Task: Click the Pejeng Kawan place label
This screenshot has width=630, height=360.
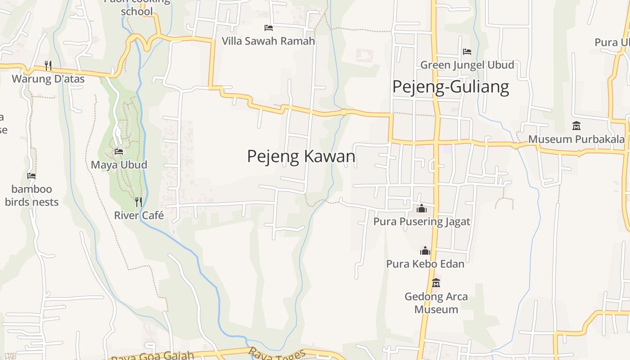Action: tap(301, 156)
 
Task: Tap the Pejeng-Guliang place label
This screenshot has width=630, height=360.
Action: tap(450, 86)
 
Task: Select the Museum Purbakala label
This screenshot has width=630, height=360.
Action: tap(576, 139)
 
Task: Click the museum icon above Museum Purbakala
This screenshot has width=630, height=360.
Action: tap(576, 126)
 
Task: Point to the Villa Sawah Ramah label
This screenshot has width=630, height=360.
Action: tap(268, 41)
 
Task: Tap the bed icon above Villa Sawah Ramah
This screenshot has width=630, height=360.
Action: tap(269, 28)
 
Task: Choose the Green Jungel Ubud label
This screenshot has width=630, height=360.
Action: tap(467, 65)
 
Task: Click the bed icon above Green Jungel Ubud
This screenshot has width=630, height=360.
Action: tap(467, 52)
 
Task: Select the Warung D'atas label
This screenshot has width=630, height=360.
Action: tap(48, 79)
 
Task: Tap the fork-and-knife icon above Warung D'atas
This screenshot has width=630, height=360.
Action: tap(48, 66)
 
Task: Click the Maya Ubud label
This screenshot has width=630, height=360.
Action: tap(119, 165)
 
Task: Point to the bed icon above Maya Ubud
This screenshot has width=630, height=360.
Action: tap(119, 152)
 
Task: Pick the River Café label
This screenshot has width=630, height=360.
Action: tap(139, 215)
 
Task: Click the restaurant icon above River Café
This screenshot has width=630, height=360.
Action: tap(139, 202)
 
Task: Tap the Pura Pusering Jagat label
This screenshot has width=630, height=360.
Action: tap(422, 221)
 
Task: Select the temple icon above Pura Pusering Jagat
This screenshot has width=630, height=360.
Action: tap(422, 208)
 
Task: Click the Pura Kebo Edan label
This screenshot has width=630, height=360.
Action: tap(425, 263)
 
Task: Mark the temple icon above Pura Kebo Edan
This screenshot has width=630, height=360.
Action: tap(425, 251)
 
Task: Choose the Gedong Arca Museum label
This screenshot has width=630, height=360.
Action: tap(436, 303)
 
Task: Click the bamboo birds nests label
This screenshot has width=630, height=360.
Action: tap(31, 195)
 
